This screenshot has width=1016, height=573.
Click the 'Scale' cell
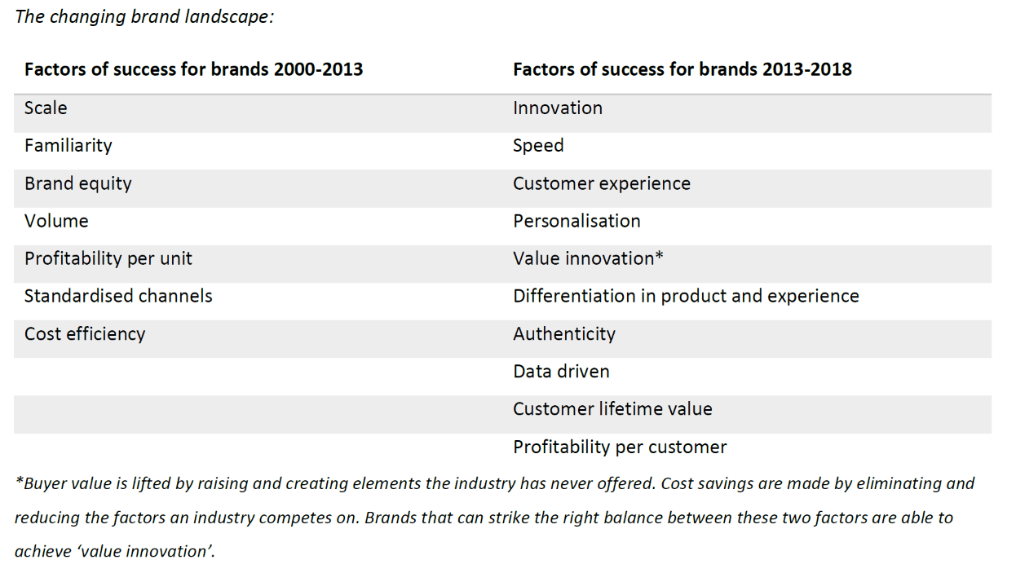tap(46, 108)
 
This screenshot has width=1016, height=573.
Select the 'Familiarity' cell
tap(68, 146)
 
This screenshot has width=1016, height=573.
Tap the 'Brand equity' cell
tap(78, 184)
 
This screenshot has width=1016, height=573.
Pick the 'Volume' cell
tap(56, 221)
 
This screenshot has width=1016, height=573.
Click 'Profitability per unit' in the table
tap(108, 259)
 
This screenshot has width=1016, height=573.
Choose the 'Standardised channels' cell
tap(118, 296)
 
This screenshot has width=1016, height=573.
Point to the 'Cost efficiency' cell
tap(85, 333)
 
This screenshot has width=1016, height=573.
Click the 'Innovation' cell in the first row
tap(558, 108)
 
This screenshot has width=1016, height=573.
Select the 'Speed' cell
tap(538, 146)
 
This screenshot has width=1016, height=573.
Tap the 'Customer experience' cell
tap(602, 184)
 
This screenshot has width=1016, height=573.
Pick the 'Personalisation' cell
tap(577, 221)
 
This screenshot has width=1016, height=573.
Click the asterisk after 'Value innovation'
tap(659, 255)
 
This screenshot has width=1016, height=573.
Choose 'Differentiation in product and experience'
tap(687, 296)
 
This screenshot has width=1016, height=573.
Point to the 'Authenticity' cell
tap(564, 334)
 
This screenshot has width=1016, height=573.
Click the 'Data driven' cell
tap(562, 372)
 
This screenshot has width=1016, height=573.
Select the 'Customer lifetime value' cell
tap(612, 409)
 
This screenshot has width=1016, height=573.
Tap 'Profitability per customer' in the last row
tap(620, 447)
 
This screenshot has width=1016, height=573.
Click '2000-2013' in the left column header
tap(318, 69)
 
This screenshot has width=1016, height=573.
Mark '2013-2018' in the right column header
tap(807, 69)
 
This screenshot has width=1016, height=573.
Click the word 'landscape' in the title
tap(227, 17)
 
